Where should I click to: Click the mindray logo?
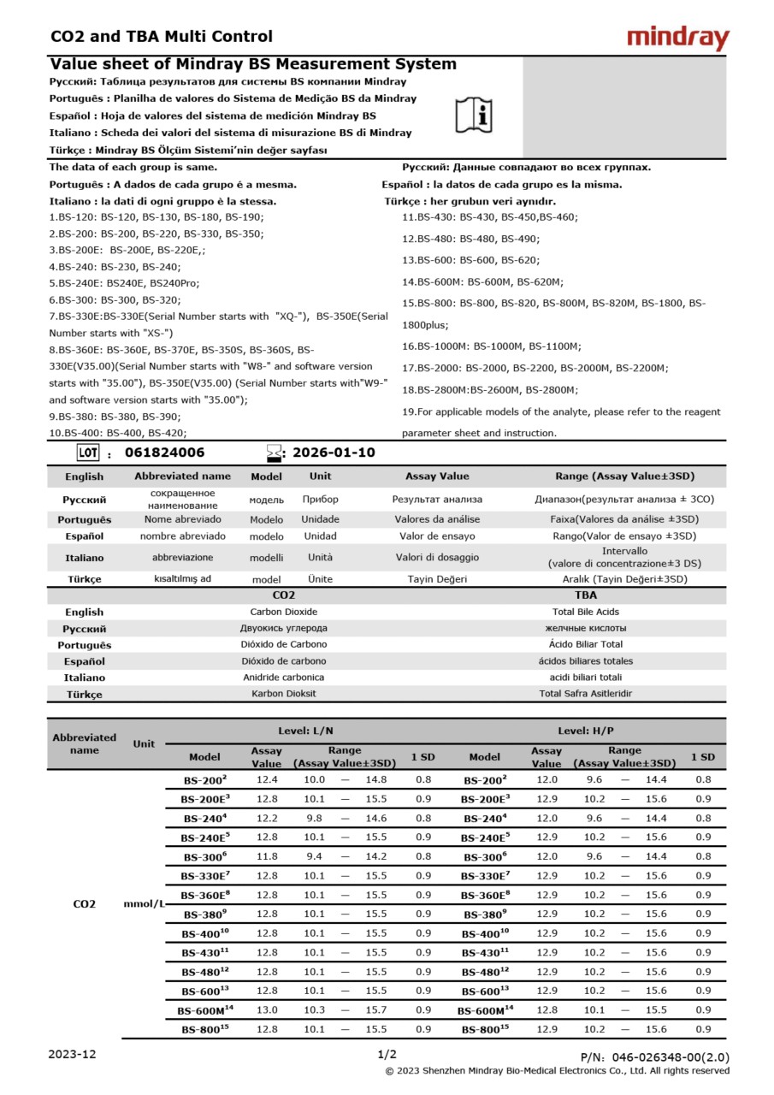click(677, 38)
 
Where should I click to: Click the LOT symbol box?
click(88, 453)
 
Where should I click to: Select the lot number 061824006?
click(165, 453)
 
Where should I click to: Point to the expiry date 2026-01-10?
click(334, 453)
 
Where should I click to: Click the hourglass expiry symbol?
click(274, 453)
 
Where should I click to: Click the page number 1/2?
click(387, 1054)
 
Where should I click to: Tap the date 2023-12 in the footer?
click(73, 1054)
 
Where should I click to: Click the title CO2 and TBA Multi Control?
click(162, 36)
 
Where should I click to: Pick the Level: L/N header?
click(305, 731)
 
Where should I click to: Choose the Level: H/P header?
click(585, 731)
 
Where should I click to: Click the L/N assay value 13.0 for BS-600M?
click(267, 1009)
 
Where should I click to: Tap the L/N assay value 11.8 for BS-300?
click(267, 855)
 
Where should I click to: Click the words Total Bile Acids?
click(585, 612)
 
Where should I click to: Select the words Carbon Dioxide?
click(283, 612)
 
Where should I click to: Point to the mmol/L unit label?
click(144, 903)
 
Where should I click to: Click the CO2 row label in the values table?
click(84, 903)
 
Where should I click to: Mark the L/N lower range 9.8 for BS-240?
click(314, 818)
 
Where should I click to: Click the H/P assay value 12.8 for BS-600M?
click(547, 1009)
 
